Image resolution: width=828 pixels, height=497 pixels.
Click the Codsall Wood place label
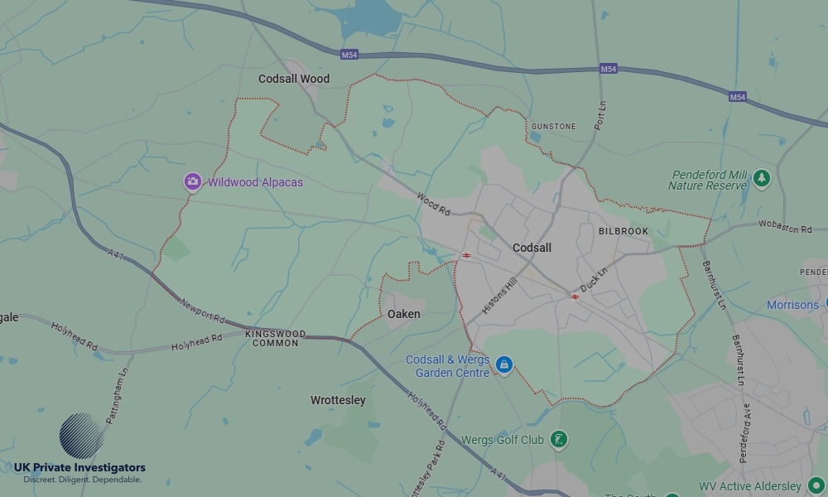294,79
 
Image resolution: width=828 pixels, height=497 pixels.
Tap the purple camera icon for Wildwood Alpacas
192,182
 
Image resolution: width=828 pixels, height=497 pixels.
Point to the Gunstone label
553,127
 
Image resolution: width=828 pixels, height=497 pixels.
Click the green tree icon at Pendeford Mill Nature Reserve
761,178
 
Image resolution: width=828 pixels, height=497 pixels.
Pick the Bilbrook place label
623,231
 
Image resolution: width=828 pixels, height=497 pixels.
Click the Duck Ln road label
594,279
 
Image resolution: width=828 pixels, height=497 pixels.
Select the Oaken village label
404,314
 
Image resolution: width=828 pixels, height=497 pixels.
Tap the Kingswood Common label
275,338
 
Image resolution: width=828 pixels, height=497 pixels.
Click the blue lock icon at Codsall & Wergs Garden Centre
503,364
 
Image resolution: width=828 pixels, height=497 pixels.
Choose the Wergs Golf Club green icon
560,439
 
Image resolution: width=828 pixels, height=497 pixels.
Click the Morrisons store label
792,305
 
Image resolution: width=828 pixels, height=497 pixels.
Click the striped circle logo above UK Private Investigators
81,435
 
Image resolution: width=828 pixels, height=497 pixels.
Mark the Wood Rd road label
433,204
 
